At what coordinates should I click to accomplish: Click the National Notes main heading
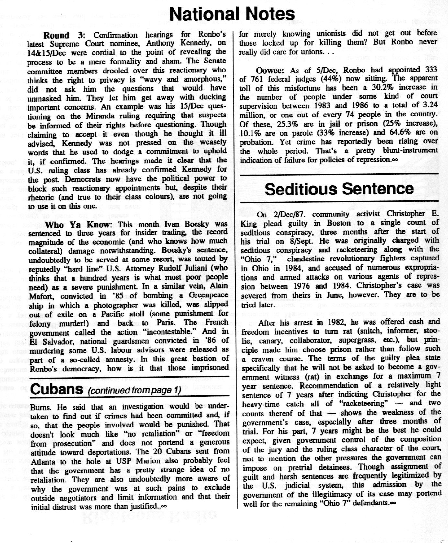click(x=232, y=14)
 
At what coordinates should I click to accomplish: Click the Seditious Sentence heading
click(x=339, y=189)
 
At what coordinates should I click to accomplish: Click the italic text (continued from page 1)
click(x=134, y=390)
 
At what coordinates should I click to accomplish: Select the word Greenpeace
click(x=207, y=295)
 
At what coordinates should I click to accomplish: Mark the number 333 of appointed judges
click(x=428, y=70)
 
